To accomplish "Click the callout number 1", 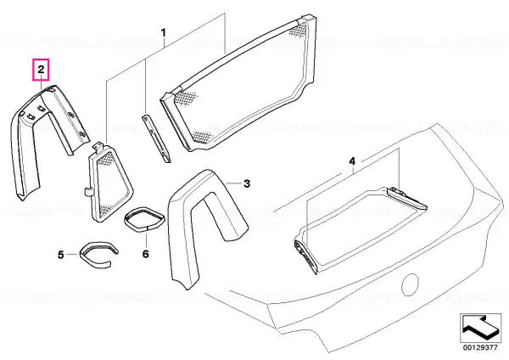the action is click(164, 33).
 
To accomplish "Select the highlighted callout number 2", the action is click(41, 70).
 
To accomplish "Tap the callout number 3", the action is click(247, 183).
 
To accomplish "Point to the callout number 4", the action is click(352, 161).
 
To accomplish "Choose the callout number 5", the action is click(61, 255).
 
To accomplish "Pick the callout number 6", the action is click(145, 254).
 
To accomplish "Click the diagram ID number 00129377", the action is click(480, 347).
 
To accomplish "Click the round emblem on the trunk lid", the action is click(411, 284).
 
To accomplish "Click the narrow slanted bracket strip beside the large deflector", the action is click(156, 138).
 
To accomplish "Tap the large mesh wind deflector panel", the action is click(238, 83).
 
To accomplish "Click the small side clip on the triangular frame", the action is click(87, 192).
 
